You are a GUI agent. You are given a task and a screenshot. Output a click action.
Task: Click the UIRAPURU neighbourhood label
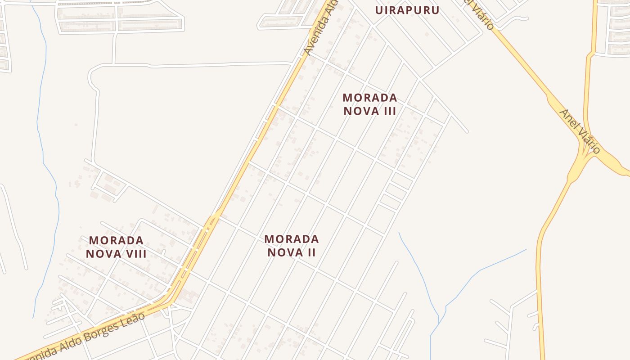click(x=407, y=10)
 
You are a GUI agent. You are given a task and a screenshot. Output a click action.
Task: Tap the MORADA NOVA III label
click(x=370, y=104)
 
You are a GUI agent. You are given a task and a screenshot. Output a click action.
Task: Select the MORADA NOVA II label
click(x=292, y=245)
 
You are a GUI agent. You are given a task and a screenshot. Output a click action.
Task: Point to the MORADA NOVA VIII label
click(x=116, y=247)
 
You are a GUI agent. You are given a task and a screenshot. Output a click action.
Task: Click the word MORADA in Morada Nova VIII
click(x=116, y=240)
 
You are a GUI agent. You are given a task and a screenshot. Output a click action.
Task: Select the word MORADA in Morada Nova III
click(x=370, y=98)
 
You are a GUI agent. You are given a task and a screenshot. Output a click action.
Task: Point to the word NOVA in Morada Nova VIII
click(x=103, y=254)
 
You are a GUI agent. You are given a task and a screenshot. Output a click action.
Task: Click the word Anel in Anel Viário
click(x=568, y=120)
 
